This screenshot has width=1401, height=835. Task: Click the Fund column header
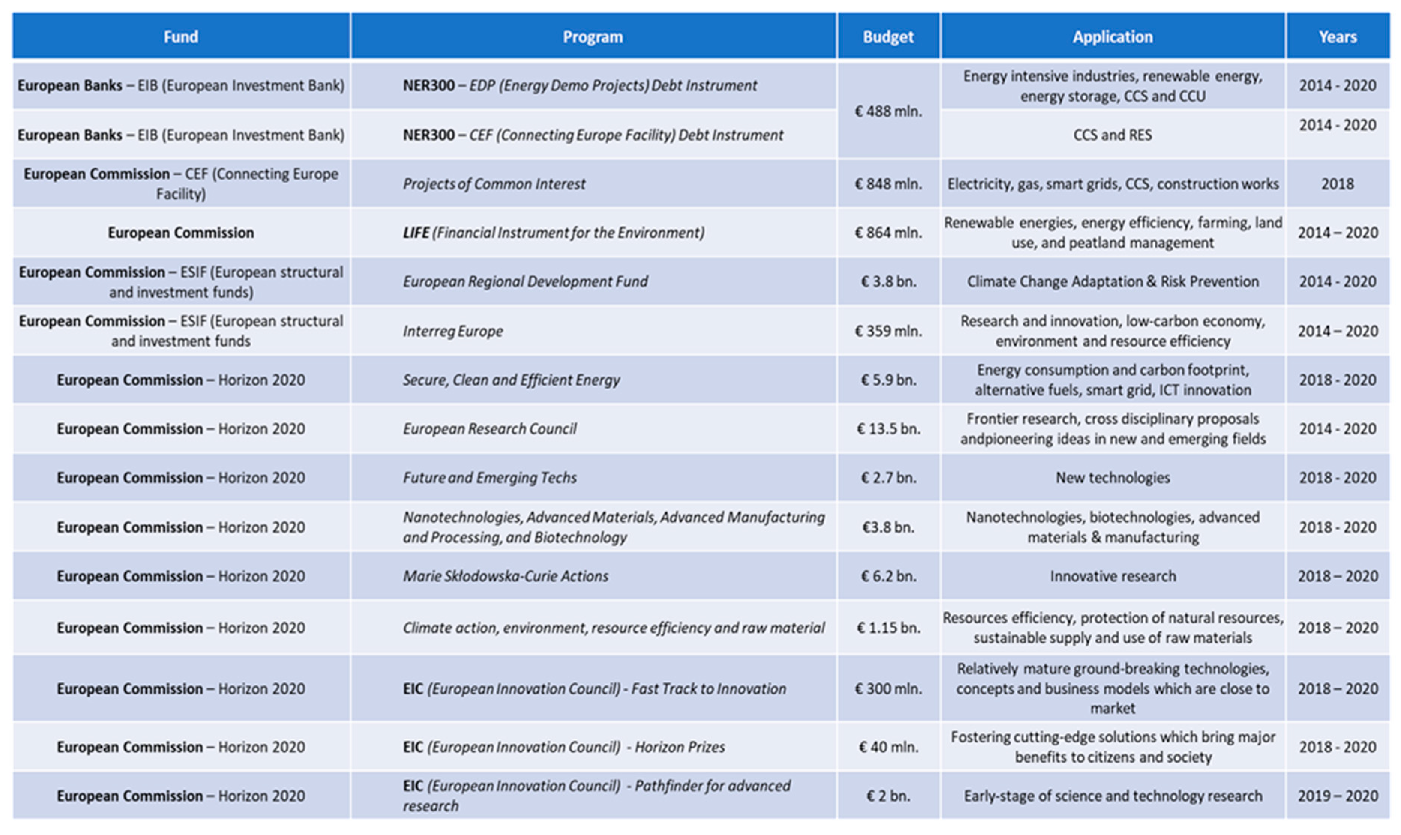coord(181,37)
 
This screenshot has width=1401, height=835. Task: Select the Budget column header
coord(888,37)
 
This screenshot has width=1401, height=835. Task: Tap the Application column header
coord(1112,37)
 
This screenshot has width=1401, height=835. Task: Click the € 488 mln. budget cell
coord(888,111)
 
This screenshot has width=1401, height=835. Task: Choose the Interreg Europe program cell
coord(453,331)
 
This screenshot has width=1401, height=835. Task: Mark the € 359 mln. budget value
coord(888,331)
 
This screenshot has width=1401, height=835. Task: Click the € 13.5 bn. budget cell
coord(888,429)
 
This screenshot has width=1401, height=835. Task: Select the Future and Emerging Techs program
coord(490,478)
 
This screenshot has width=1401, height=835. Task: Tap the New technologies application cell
coord(1112,478)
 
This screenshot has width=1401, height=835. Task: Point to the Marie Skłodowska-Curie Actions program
coord(506,576)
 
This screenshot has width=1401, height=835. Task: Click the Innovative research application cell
coord(1112,576)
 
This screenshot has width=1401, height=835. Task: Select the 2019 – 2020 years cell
coord(1337,796)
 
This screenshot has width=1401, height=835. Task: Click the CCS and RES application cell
coord(1112,135)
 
